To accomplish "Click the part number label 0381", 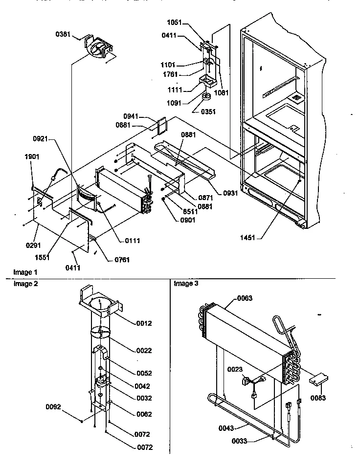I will pyautogui.click(x=63, y=34).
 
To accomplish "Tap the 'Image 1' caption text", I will pyautogui.click(x=25, y=272).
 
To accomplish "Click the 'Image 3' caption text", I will pyautogui.click(x=186, y=284).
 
